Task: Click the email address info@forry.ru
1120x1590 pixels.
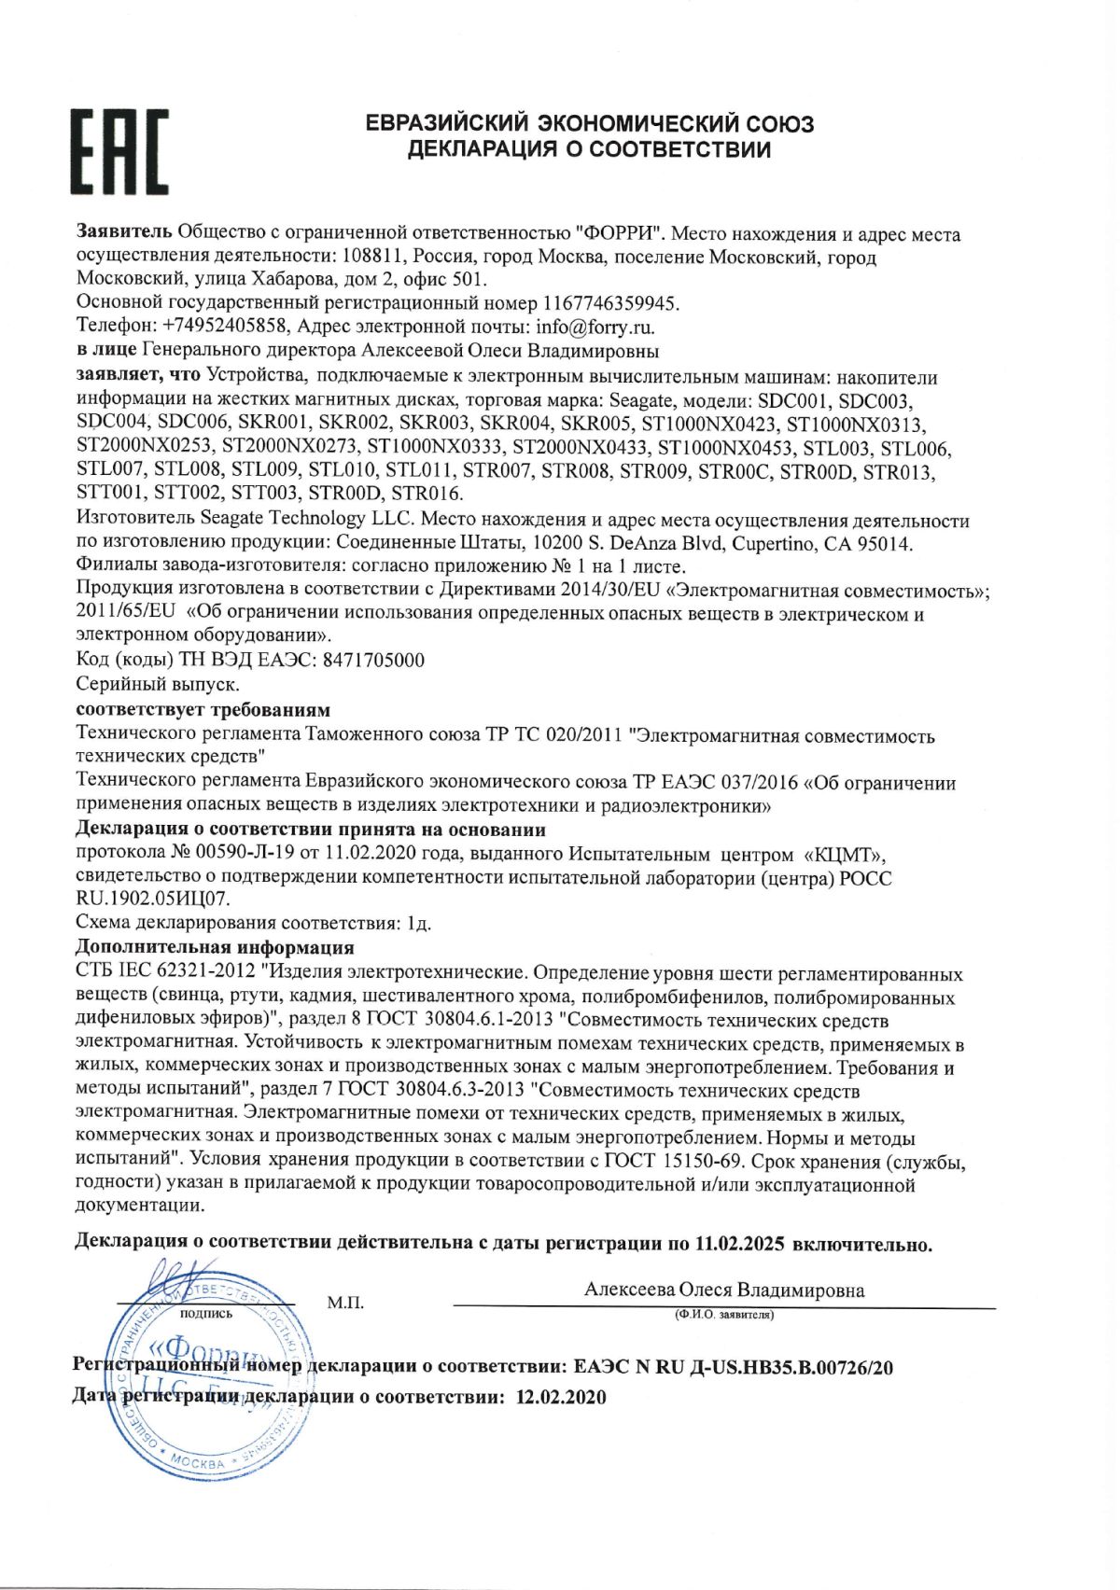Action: coord(595,328)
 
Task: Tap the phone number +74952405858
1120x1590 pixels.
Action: coord(228,328)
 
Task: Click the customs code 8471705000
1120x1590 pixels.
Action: coord(373,661)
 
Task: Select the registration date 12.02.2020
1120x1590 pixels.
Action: coord(560,1397)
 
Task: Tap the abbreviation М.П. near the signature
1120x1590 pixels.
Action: coord(345,1302)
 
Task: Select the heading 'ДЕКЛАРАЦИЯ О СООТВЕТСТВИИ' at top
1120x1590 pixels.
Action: coord(589,149)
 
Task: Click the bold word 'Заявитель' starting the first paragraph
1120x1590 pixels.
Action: coord(123,233)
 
